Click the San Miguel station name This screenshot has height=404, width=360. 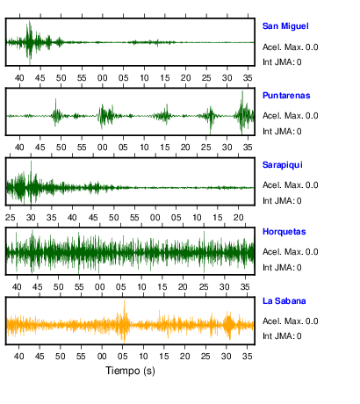285,26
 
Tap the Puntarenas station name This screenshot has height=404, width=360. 286,96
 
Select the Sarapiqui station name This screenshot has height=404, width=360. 283,165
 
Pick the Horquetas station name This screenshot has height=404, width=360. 284,232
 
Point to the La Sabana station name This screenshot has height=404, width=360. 284,301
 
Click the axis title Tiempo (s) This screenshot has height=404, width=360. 130,371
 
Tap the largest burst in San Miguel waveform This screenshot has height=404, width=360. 30,42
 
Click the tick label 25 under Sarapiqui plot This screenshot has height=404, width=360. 11,218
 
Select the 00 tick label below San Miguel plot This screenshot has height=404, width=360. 103,78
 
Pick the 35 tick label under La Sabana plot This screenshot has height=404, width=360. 248,357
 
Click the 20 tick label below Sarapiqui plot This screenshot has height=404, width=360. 239,218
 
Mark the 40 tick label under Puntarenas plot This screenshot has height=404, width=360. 19,147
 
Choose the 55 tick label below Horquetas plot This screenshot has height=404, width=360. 79,287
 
